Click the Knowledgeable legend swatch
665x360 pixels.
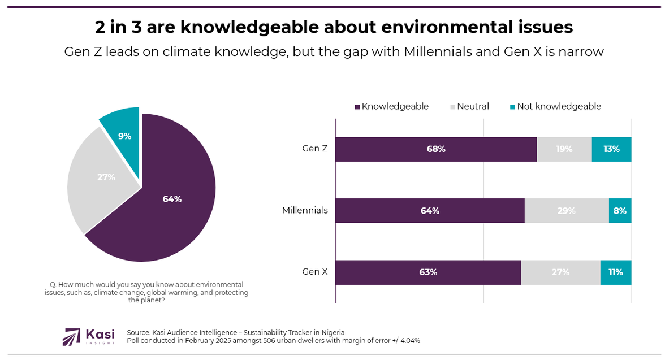pyautogui.click(x=357, y=107)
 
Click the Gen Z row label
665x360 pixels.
pyautogui.click(x=315, y=149)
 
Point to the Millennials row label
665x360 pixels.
pyautogui.click(x=305, y=211)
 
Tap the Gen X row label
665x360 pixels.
pyautogui.click(x=315, y=272)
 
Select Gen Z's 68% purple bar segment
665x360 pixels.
pyautogui.click(x=436, y=149)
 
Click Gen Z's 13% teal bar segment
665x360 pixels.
pyautogui.click(x=611, y=149)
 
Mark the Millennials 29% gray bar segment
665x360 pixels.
pyautogui.click(x=566, y=211)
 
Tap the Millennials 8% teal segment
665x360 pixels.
pyautogui.click(x=620, y=211)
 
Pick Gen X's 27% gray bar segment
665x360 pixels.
pyautogui.click(x=560, y=272)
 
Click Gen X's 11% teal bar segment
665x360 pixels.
pyautogui.click(x=615, y=272)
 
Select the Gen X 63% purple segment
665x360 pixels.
pyautogui.click(x=428, y=272)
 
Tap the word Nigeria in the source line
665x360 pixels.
pyautogui.click(x=331, y=332)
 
